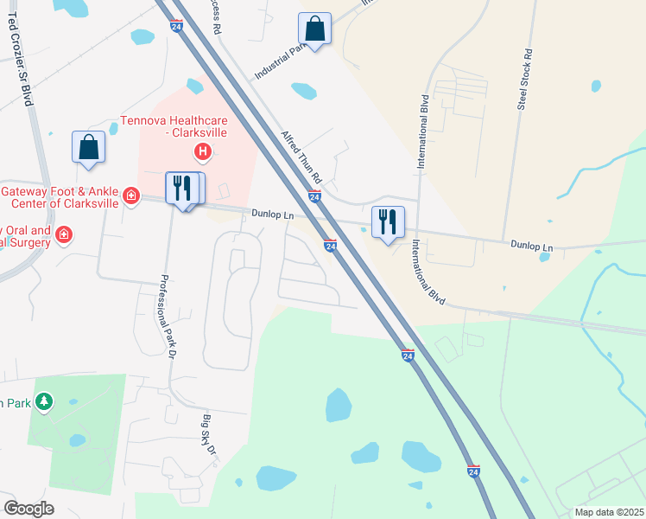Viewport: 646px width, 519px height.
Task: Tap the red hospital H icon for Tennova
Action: (203, 153)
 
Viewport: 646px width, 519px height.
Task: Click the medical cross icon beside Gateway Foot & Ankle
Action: (130, 196)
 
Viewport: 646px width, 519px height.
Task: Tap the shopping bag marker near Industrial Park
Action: (314, 29)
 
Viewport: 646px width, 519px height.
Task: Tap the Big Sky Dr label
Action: (207, 436)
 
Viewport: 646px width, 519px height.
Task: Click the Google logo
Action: (28, 508)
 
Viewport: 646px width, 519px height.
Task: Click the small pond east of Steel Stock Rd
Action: (596, 86)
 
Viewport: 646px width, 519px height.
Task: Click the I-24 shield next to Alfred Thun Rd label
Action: (314, 197)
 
